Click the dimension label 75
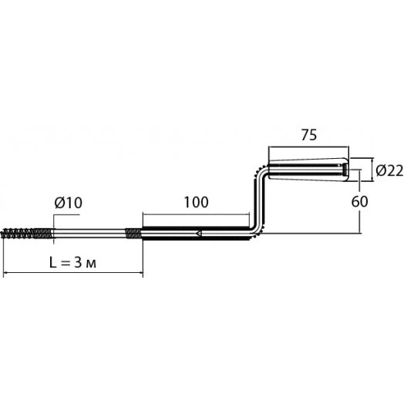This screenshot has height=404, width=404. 309,135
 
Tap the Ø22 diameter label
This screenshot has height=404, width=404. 389,170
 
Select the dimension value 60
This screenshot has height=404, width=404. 360,201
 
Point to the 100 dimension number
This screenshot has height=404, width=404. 197,202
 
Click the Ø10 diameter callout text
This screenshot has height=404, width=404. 69,203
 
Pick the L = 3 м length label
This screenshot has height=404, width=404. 73,263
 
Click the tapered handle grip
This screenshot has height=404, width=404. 308,169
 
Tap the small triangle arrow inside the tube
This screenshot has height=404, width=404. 199,234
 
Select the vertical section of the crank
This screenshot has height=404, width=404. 259,201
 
